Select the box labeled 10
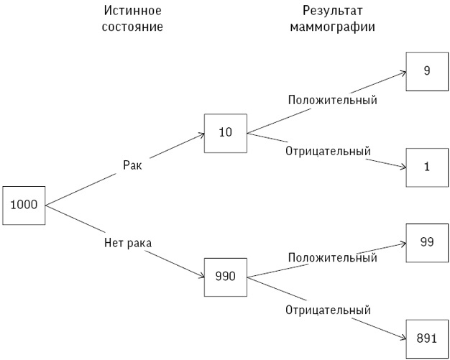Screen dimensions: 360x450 [x=225, y=133]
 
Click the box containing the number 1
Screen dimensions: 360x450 [x=426, y=167]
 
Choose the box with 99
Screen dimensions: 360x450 [x=426, y=243]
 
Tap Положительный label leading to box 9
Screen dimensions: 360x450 [x=332, y=100]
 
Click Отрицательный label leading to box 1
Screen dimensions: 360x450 [x=328, y=152]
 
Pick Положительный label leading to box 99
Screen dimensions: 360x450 [x=332, y=257]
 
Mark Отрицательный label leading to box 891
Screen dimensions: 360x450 [x=328, y=310]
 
